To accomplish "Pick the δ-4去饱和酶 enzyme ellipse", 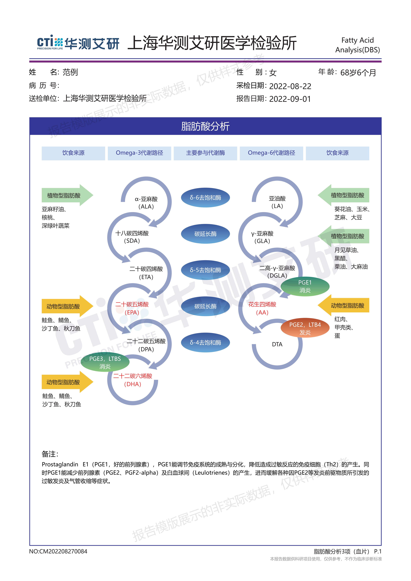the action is click(x=205, y=342).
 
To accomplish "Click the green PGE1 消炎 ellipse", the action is click(x=305, y=286).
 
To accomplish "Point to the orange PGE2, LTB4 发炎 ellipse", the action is click(x=305, y=328).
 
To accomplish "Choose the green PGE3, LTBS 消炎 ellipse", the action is click(x=105, y=362).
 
